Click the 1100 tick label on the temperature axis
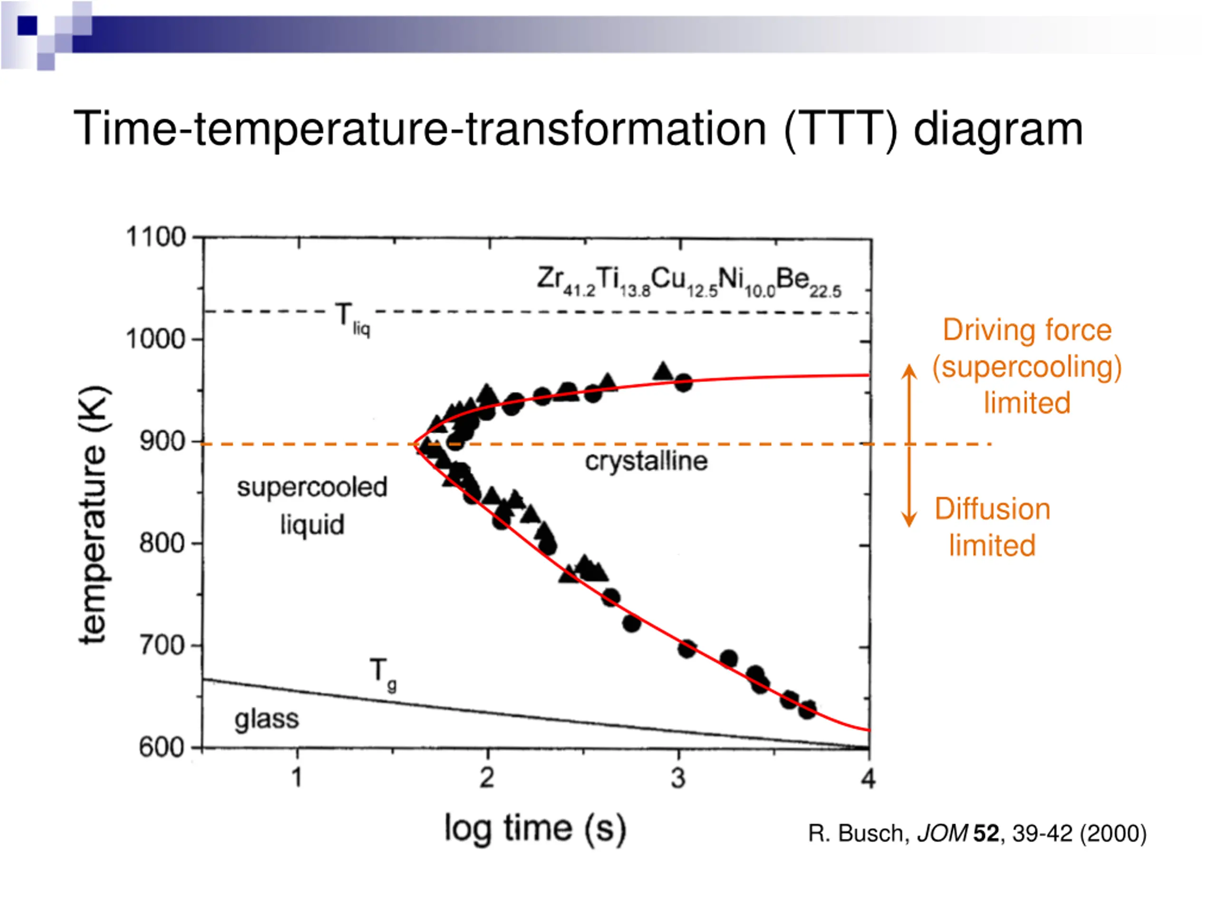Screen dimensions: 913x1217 coord(156,237)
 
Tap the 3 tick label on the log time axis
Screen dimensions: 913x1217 coord(678,778)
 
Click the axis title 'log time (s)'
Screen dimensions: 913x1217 coord(535,829)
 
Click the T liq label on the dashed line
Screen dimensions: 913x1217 coord(353,319)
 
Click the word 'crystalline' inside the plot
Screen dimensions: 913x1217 coord(646,461)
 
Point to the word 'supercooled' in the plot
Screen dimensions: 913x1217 coord(312,487)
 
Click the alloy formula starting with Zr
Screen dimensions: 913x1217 coord(689,281)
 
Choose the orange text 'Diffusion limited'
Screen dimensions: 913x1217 coord(992,527)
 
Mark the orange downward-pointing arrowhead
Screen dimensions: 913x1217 coord(909,520)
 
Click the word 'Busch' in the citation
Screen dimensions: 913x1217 coord(871,833)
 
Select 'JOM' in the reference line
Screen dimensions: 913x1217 coord(942,833)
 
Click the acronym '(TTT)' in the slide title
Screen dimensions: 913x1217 coord(840,129)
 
